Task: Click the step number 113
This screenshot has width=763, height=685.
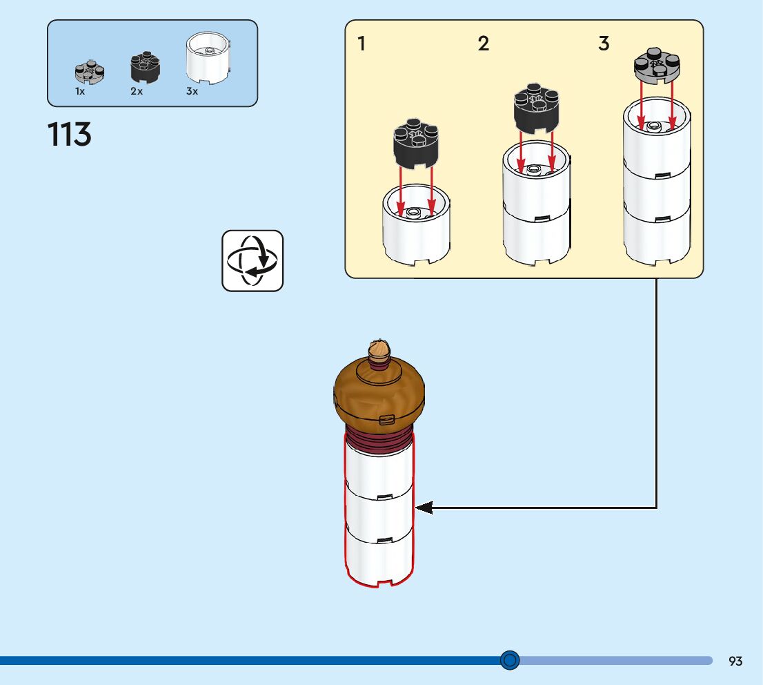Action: point(70,135)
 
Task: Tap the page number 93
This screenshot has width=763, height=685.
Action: point(735,661)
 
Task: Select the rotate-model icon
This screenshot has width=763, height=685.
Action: point(252,260)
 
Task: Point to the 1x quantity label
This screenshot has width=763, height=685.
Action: point(80,91)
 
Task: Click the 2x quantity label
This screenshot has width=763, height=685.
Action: point(137,91)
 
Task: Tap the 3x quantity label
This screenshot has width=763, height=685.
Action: point(192,91)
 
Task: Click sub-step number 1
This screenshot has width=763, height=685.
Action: point(361,44)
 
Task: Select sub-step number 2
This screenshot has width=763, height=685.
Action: point(484,44)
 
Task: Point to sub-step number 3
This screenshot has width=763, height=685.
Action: point(604,44)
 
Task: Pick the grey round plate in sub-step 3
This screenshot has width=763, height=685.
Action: point(657,66)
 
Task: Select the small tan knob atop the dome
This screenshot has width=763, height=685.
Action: point(378,349)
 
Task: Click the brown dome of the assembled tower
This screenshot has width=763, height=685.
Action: point(379,394)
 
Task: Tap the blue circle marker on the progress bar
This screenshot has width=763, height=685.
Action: point(510,660)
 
